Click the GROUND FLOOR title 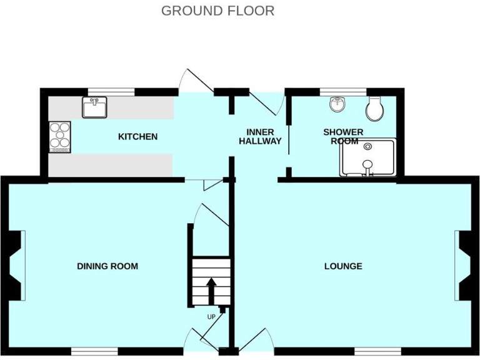click(x=217, y=11)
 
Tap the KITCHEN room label click(x=137, y=136)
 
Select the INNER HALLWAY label click(x=259, y=137)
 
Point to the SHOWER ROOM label click(x=343, y=136)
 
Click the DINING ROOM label click(x=107, y=266)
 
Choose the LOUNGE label click(x=343, y=266)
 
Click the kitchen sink click(x=94, y=107)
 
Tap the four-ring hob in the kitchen click(x=60, y=136)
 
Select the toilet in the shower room click(x=375, y=109)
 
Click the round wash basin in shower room click(x=337, y=104)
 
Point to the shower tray click(x=367, y=157)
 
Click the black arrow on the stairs click(x=211, y=289)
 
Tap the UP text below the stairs click(x=211, y=317)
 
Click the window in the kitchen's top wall click(x=111, y=92)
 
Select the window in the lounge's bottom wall click(x=377, y=351)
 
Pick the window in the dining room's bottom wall click(x=94, y=351)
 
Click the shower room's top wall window click(x=342, y=92)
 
